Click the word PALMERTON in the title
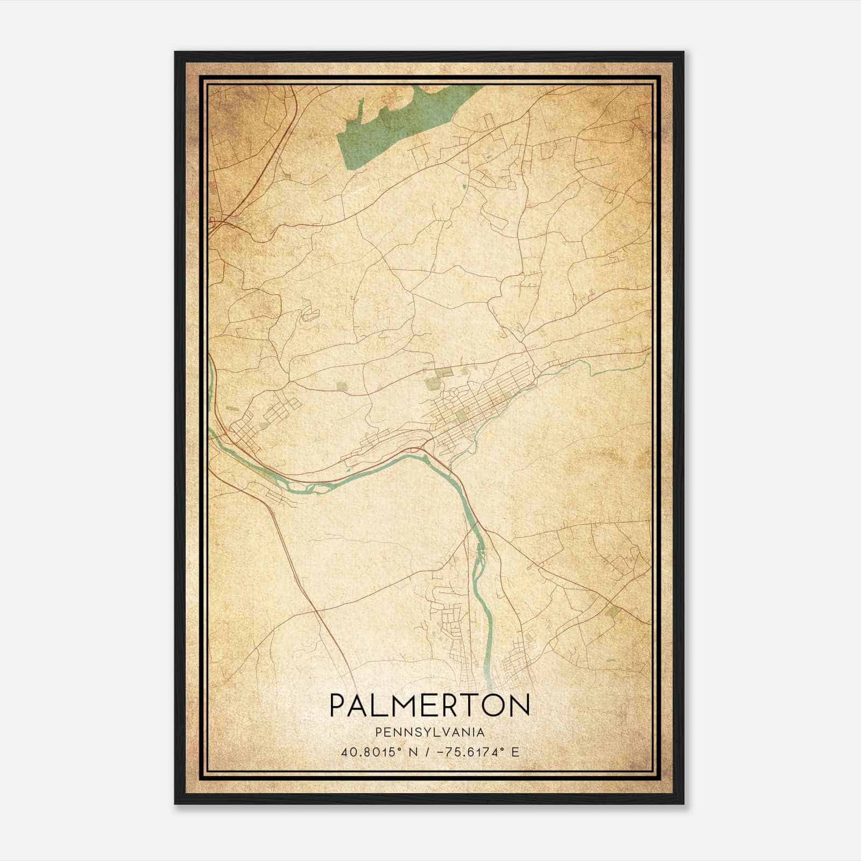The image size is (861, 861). [x=429, y=705]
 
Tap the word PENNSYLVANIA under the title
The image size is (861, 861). [x=429, y=732]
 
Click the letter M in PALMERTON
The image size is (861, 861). [x=404, y=705]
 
